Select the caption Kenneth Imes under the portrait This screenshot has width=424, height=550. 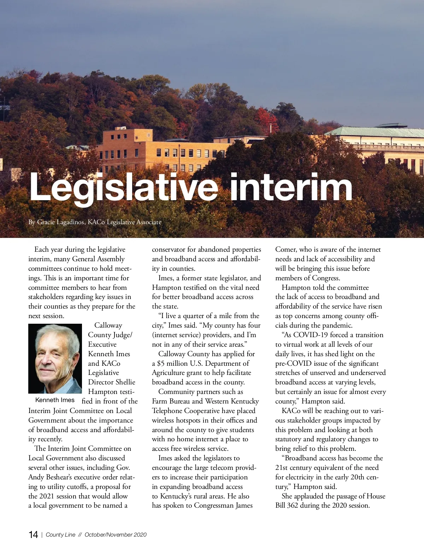pyautogui.click(x=55, y=400)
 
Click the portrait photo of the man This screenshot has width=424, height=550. pyautogui.click(x=55, y=358)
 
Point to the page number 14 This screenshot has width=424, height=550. pyautogui.click(x=33, y=534)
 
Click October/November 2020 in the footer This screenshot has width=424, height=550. pyautogui.click(x=116, y=534)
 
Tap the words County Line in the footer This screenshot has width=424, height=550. pyautogui.click(x=60, y=534)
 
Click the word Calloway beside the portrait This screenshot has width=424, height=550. pyautogui.click(x=108, y=325)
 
